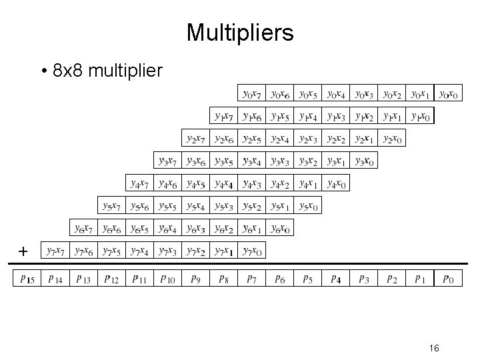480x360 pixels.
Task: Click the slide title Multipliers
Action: [x=239, y=32]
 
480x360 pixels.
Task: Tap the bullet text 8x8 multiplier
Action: [x=101, y=70]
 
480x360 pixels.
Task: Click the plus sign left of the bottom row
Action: [x=23, y=251]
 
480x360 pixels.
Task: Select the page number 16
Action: [x=434, y=347]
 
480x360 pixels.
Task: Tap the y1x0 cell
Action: [x=420, y=116]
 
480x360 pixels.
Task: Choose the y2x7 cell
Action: [x=196, y=139]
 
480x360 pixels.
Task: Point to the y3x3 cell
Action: [x=280, y=161]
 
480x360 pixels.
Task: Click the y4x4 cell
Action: [x=224, y=183]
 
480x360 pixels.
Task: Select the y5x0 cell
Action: [x=308, y=206]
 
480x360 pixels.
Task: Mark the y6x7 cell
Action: [x=84, y=229]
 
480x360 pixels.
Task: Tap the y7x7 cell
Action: [x=56, y=251]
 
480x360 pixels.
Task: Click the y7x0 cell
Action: [x=252, y=251]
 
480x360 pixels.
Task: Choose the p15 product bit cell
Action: [x=27, y=279]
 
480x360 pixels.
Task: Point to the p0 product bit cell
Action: [x=448, y=279]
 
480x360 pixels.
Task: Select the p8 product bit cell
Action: [x=224, y=279]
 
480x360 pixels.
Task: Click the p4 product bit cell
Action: [x=336, y=279]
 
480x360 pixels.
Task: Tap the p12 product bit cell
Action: [x=112, y=279]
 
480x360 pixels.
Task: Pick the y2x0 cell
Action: [x=392, y=139]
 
